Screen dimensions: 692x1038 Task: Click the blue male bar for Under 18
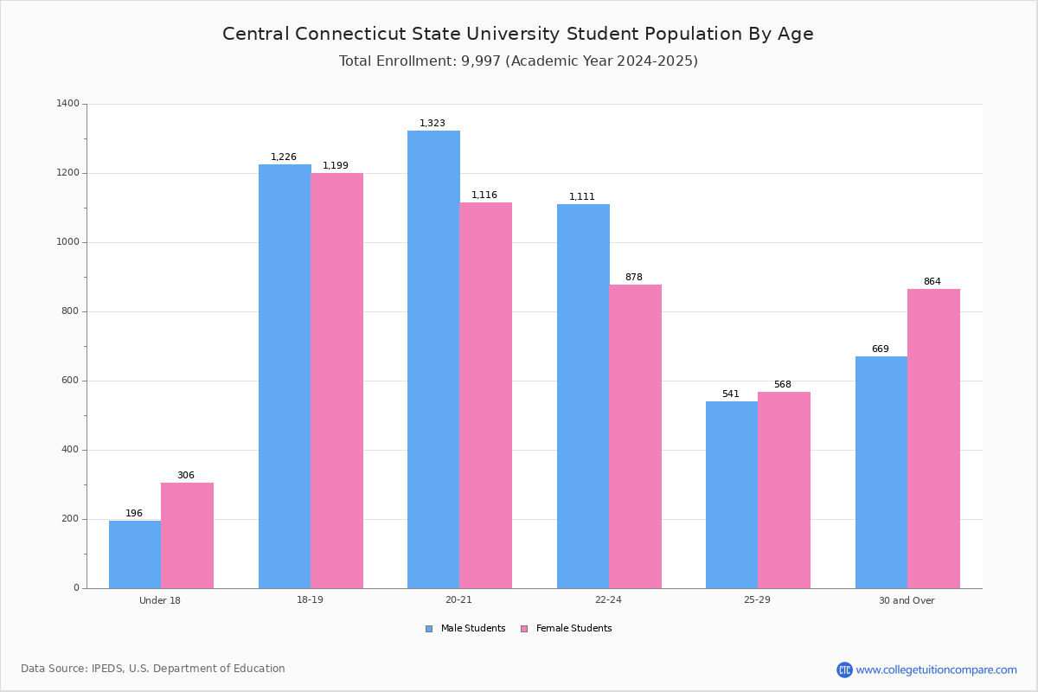tap(135, 554)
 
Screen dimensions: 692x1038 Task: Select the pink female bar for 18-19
tap(337, 381)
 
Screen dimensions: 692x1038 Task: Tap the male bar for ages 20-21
tap(433, 359)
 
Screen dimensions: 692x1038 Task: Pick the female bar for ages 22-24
tap(636, 436)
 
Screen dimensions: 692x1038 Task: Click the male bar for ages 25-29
tap(732, 495)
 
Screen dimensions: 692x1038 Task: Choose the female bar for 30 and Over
tap(933, 439)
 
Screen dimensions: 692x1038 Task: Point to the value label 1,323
tap(432, 124)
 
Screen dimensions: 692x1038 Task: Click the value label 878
tap(634, 278)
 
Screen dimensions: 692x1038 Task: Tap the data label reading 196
tap(134, 514)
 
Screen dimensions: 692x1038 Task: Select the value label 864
tap(932, 282)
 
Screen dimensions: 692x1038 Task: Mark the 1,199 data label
tap(336, 166)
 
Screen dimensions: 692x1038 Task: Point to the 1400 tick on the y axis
tap(67, 104)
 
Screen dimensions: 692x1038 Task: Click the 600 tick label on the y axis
tap(70, 381)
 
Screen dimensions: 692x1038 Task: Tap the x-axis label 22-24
tap(608, 600)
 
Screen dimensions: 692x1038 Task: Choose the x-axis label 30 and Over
tap(907, 600)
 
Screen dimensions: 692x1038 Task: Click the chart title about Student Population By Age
tap(518, 34)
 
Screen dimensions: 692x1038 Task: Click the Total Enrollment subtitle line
tap(518, 61)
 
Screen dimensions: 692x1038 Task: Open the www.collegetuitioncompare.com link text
tap(936, 670)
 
